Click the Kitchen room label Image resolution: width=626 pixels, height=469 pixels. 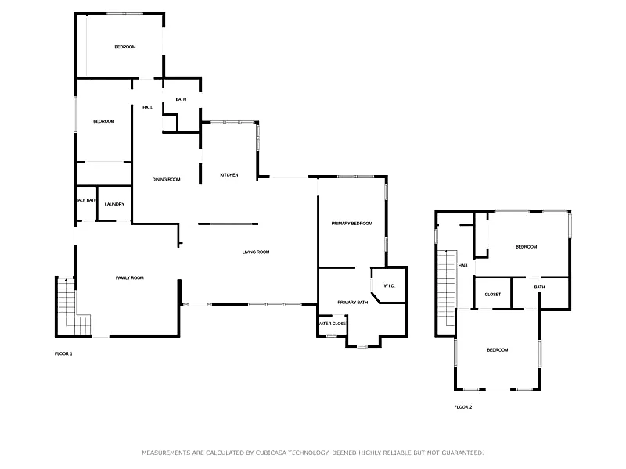click(229, 175)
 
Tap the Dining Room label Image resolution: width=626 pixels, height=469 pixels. click(166, 180)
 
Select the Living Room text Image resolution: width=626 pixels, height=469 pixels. click(256, 252)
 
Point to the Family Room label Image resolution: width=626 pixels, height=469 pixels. click(130, 278)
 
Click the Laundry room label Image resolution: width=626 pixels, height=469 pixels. click(114, 204)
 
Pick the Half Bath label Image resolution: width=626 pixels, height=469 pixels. click(86, 200)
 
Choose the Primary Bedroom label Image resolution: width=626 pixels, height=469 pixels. click(351, 224)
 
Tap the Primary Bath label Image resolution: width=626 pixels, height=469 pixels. click(353, 303)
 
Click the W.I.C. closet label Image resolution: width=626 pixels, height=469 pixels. click(389, 286)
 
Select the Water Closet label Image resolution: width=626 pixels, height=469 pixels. click(333, 324)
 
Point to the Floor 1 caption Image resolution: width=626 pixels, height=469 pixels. click(63, 354)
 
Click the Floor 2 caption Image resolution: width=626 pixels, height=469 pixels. click(463, 407)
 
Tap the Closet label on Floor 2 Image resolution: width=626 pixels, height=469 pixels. click(493, 295)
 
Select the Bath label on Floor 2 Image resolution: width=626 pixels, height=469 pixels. click(539, 287)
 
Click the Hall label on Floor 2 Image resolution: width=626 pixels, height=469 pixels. click(463, 266)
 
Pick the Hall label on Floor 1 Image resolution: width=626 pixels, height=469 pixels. click(148, 108)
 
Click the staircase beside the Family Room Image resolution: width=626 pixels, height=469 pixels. click(73, 306)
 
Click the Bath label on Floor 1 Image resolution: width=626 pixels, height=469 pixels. click(181, 99)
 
